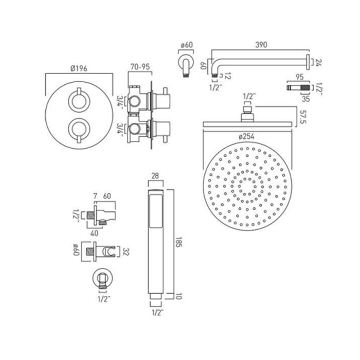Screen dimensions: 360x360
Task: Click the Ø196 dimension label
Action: [x=79, y=68]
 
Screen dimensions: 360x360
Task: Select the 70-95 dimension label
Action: [x=140, y=67]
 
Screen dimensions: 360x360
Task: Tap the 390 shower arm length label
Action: [x=261, y=45]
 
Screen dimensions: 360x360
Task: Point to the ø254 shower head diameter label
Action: [x=246, y=137]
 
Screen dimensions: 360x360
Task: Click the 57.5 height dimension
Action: [x=303, y=117]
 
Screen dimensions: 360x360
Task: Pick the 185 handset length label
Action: [x=178, y=242]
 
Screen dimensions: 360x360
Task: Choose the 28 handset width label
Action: [x=155, y=176]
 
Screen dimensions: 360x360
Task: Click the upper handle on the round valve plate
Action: [x=79, y=100]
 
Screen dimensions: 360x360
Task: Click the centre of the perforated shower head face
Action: [x=247, y=186]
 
